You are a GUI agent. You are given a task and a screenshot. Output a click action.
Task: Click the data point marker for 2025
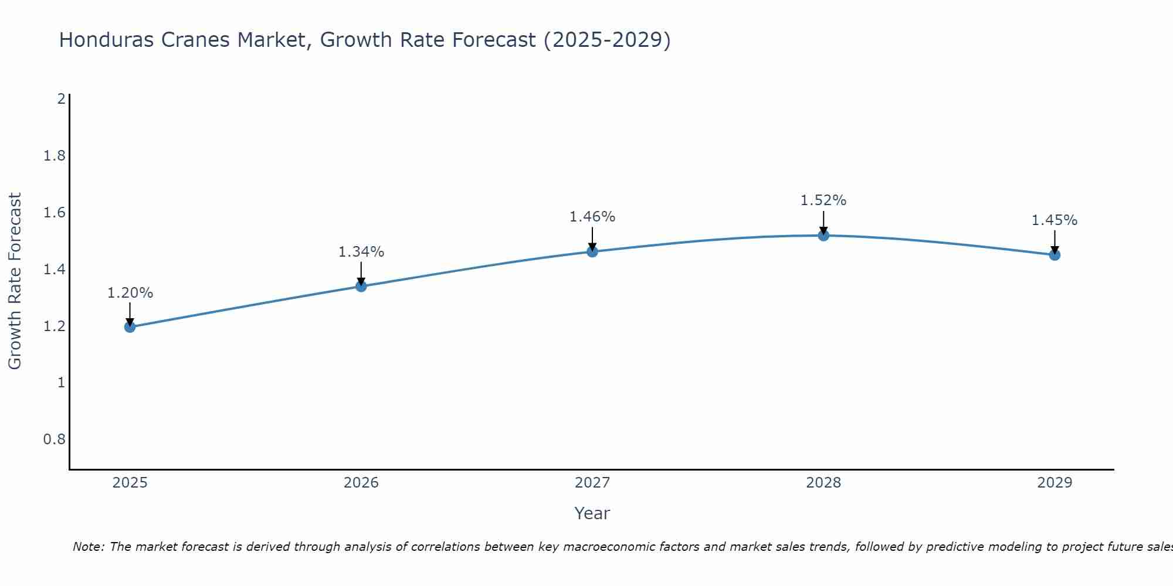(130, 326)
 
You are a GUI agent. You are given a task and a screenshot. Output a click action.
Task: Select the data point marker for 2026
(361, 286)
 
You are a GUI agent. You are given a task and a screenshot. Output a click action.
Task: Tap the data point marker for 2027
(592, 251)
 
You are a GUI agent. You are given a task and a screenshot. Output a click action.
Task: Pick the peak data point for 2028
(823, 236)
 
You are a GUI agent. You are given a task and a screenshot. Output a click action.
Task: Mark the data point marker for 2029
(1055, 255)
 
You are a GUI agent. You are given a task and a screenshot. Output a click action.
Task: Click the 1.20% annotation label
(130, 293)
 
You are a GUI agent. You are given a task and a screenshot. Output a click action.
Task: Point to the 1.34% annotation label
(361, 252)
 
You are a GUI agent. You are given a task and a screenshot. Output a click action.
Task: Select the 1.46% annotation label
(592, 217)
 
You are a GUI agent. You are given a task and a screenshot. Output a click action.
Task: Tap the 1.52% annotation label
(823, 200)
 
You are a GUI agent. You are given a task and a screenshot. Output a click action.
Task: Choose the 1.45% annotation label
(1055, 220)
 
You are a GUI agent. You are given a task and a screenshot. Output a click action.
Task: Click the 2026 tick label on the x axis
(361, 483)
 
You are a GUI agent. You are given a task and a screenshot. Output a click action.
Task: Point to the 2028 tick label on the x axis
(823, 483)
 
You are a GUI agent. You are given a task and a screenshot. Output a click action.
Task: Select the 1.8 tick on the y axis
(55, 156)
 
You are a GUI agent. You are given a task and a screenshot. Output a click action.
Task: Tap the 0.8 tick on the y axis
(55, 439)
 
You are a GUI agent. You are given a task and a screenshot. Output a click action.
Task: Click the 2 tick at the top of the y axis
(61, 99)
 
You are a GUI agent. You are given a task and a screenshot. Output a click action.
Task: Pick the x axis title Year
(592, 513)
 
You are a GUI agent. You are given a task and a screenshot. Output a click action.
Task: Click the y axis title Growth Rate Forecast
(15, 281)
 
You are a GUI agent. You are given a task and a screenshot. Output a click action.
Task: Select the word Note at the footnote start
(88, 547)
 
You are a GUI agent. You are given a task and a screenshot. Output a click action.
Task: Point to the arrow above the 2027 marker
(592, 239)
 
